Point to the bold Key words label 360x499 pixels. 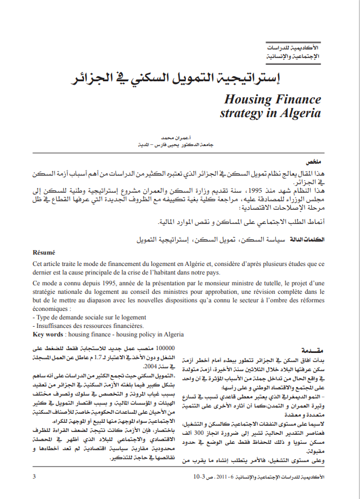pyautogui.click(x=47, y=335)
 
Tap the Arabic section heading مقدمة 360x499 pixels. pyautogui.click(x=311, y=350)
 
